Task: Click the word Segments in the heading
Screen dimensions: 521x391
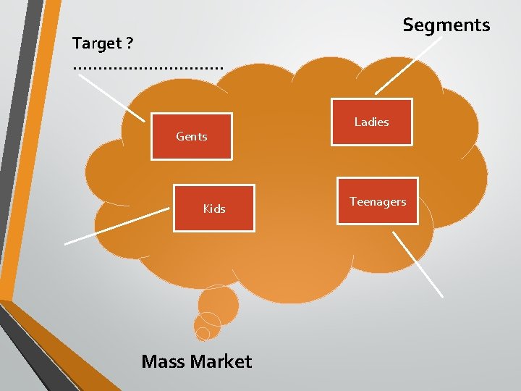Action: pos(446,25)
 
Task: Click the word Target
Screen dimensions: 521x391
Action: pos(97,43)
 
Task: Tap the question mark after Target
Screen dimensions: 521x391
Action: pos(129,43)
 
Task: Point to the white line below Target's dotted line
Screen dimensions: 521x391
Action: pos(112,97)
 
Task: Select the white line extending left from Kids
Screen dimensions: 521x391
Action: pos(116,228)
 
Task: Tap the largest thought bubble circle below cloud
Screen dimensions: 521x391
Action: pos(218,304)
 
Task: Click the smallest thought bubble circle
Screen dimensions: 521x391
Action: pos(203,333)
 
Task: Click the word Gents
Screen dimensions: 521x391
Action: pos(192,136)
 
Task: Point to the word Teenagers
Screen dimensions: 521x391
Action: pos(378,201)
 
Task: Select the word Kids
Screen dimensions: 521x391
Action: pos(214,209)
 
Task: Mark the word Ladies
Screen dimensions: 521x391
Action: pos(372,122)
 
